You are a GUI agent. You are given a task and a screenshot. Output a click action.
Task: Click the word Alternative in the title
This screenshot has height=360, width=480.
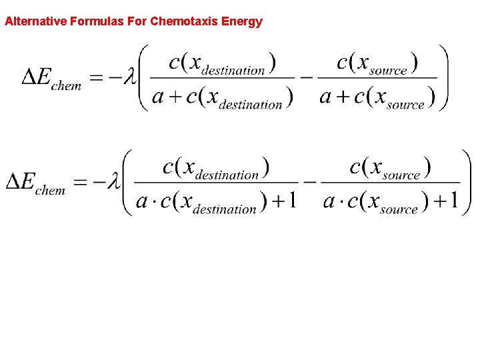click(x=36, y=21)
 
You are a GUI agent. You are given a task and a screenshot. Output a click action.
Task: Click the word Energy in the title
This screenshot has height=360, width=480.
click(x=242, y=21)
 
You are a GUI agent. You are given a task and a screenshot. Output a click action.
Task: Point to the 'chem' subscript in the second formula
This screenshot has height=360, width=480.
click(x=50, y=191)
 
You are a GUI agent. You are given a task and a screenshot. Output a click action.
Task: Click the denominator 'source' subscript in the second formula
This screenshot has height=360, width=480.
click(x=398, y=209)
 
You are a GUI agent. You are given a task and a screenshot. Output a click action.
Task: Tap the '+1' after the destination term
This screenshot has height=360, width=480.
click(x=283, y=201)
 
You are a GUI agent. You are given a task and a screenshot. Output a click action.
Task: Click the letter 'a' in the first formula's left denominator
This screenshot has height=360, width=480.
click(x=158, y=97)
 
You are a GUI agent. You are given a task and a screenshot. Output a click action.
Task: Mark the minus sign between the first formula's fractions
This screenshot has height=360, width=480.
click(x=306, y=77)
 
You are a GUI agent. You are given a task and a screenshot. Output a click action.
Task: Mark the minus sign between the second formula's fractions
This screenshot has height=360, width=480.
click(x=309, y=181)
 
